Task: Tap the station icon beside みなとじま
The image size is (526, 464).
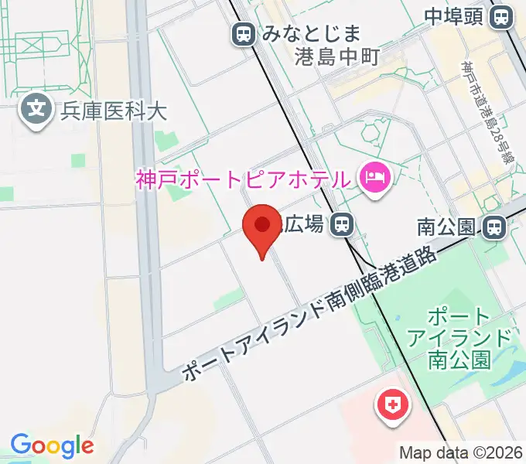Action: click(x=244, y=34)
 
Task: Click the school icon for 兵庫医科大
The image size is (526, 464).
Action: click(x=36, y=109)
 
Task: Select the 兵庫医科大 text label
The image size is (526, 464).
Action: click(x=114, y=109)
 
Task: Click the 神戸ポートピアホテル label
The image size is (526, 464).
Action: click(x=242, y=180)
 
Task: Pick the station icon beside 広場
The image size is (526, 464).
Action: click(x=340, y=225)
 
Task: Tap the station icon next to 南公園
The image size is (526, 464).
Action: click(x=492, y=227)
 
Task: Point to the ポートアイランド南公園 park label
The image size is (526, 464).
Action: click(x=459, y=338)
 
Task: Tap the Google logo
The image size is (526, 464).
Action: click(x=52, y=446)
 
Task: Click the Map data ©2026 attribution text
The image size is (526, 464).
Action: click(x=461, y=452)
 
